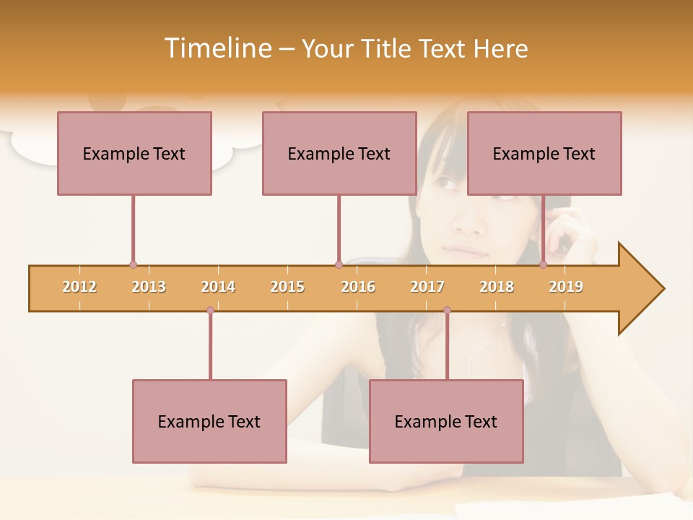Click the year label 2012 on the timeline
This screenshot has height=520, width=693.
tap(79, 287)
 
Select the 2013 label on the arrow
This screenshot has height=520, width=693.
tap(149, 287)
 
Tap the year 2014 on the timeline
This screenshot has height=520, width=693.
tap(218, 287)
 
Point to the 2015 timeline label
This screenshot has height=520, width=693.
tap(287, 287)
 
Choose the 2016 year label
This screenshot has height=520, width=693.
tap(358, 287)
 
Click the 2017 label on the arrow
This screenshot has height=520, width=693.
tap(427, 287)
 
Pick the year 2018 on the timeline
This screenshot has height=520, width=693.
tap(497, 287)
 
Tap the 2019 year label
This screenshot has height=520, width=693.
tap(566, 287)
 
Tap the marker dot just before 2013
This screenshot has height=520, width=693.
tap(133, 265)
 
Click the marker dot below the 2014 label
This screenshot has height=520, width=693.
tap(210, 311)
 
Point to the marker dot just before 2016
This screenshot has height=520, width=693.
tap(339, 265)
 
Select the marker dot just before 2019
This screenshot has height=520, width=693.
tap(544, 265)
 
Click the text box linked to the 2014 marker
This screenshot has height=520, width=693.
tap(209, 421)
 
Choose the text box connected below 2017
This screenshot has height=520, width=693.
tap(446, 421)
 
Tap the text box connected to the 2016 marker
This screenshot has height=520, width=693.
tap(339, 153)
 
